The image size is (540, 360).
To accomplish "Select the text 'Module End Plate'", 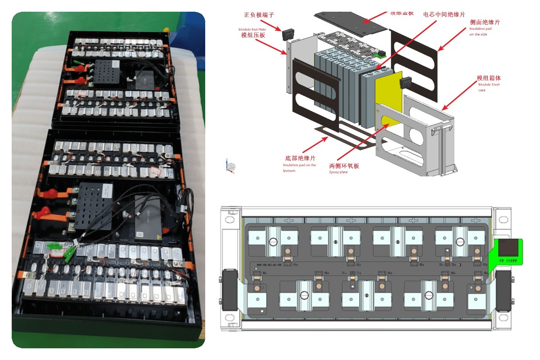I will coord(251,29).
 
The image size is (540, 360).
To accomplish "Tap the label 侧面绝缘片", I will coord(485,22).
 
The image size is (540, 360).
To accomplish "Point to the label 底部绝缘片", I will coord(300,158).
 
